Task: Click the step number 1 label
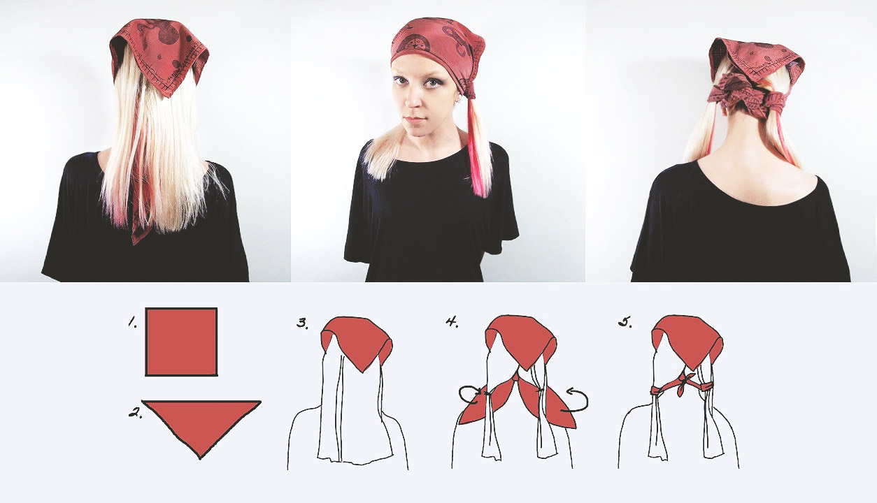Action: tap(133, 322)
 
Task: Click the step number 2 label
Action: tap(135, 412)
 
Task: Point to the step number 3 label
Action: tap(302, 323)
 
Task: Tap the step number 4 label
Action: tap(452, 322)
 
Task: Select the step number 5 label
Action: tap(625, 322)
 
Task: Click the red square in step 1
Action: tap(181, 342)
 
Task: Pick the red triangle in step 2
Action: tap(201, 423)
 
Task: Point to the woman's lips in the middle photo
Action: tap(415, 120)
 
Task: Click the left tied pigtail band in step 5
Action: tap(656, 391)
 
